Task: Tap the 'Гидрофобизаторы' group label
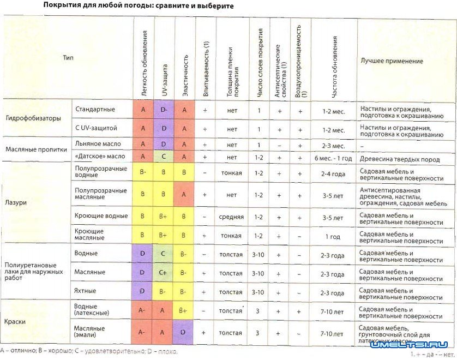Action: [33, 118]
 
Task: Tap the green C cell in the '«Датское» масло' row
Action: [164, 156]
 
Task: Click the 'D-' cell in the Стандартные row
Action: [164, 109]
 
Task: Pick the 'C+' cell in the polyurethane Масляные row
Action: [164, 273]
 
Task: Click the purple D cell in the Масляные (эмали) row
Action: [184, 332]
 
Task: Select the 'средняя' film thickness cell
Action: [232, 217]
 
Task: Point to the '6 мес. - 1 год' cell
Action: [333, 157]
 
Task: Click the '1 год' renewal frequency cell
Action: [333, 236]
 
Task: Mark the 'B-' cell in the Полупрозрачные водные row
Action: [143, 172]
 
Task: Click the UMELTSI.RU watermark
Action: [409, 345]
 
